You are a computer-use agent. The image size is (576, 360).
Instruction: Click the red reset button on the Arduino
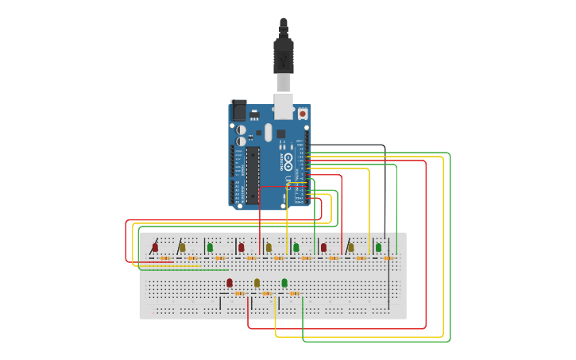[x=303, y=114]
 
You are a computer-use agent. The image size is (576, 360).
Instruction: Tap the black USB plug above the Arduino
[x=284, y=56]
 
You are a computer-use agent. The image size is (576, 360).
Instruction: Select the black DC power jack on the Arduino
[x=238, y=110]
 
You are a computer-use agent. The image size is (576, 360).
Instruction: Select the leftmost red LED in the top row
[x=155, y=247]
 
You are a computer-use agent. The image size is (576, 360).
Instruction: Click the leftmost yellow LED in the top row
[x=182, y=247]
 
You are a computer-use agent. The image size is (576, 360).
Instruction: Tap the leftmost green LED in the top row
[x=210, y=247]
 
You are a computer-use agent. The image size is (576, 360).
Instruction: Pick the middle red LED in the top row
[x=242, y=247]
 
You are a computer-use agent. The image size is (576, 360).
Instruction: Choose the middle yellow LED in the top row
[x=269, y=247]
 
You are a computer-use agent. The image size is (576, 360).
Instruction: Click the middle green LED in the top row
[x=296, y=247]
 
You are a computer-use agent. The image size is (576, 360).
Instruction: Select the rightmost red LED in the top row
[x=323, y=247]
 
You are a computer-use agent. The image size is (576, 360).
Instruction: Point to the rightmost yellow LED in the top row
[x=350, y=247]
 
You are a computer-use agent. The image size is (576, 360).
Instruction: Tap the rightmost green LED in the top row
[x=378, y=247]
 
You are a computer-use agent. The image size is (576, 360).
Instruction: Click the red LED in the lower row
[x=230, y=282]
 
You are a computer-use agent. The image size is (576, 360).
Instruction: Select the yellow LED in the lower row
[x=257, y=282]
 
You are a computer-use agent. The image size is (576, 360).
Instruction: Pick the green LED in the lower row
[x=284, y=282]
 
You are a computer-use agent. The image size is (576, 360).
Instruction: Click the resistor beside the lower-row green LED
[x=295, y=293]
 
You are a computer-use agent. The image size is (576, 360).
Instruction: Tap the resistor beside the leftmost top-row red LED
[x=164, y=258]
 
